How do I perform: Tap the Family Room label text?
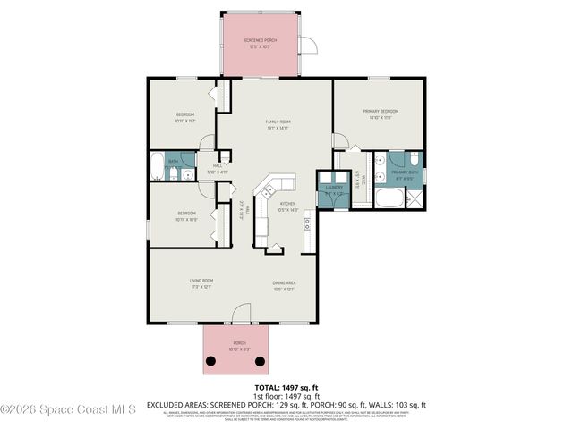click(x=277, y=124)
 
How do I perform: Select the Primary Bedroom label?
click(x=380, y=114)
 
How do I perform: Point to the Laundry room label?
click(x=332, y=190)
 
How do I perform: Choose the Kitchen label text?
click(x=287, y=206)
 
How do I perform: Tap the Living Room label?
click(x=200, y=284)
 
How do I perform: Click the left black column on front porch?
click(x=212, y=361)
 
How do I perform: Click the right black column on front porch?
click(x=261, y=361)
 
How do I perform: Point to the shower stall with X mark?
click(x=415, y=198)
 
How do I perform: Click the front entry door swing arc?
click(x=240, y=314)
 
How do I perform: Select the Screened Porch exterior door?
click(x=307, y=47)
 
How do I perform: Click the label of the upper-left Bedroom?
click(x=185, y=117)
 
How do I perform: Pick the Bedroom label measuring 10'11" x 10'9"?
click(x=186, y=215)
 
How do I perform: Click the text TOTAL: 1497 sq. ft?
click(x=286, y=387)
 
